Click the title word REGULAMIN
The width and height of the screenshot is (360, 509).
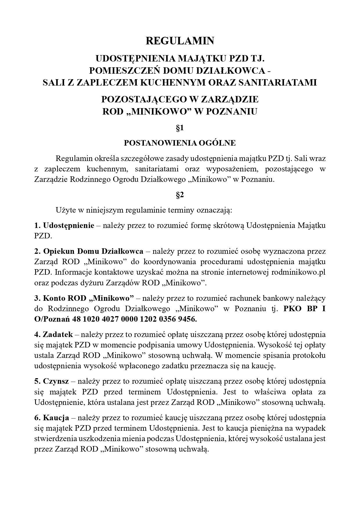(180, 41)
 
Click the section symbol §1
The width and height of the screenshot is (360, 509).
(180, 128)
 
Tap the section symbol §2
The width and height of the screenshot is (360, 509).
(180, 195)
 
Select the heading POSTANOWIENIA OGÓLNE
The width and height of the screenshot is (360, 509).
(180, 143)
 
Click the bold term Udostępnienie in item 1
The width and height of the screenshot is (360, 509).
(68, 225)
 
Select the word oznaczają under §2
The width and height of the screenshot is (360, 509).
(214, 210)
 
